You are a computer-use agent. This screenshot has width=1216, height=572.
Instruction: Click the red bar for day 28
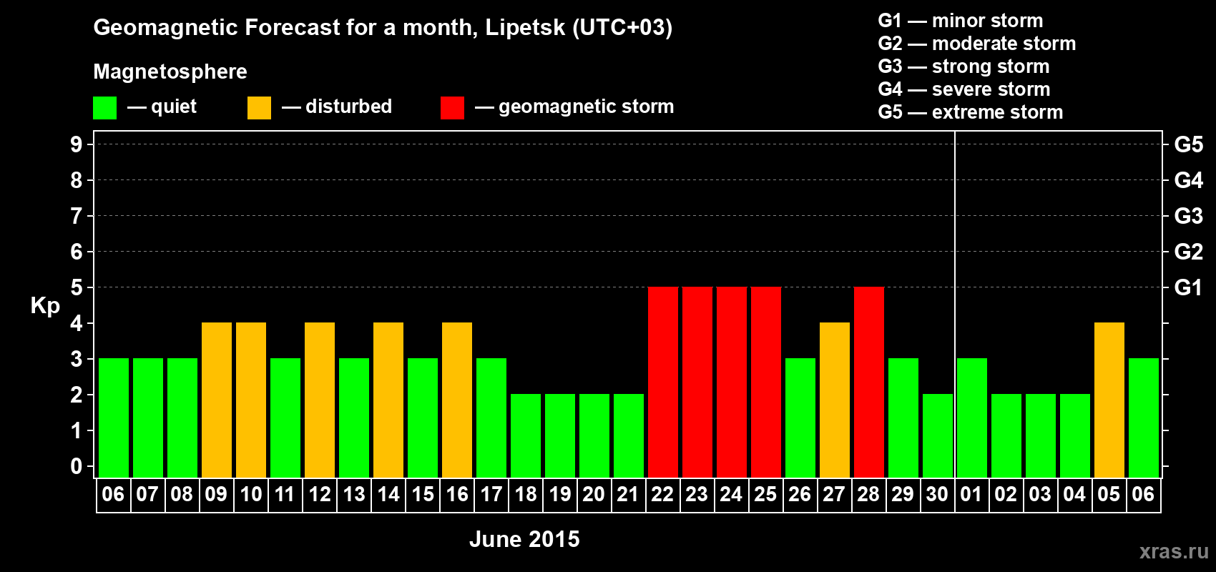tap(868, 382)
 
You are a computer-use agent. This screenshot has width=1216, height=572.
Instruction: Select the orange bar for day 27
tap(834, 400)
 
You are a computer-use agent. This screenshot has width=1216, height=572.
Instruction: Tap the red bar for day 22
tap(662, 382)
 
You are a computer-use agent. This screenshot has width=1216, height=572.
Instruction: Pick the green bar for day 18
tap(525, 435)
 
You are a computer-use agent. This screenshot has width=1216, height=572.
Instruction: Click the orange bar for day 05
tap(1109, 400)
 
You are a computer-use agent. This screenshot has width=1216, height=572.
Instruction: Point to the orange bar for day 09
tap(216, 400)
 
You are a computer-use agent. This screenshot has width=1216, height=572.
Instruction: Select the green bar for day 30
tap(937, 435)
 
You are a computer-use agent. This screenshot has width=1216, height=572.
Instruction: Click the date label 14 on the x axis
tap(388, 494)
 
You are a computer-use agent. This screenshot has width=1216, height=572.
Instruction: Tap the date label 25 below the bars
tap(765, 494)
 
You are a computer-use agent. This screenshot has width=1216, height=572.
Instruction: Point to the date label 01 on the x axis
tap(971, 494)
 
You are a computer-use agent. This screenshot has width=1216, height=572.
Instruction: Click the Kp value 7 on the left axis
tap(77, 216)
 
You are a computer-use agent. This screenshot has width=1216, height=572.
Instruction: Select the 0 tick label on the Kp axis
tap(77, 466)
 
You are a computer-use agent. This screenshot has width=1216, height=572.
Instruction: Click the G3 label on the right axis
tap(1188, 216)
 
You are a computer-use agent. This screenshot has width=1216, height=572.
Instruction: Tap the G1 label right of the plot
tap(1188, 287)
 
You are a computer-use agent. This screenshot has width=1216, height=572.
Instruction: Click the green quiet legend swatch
tap(104, 108)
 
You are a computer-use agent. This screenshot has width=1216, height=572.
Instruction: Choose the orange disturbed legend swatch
tap(259, 108)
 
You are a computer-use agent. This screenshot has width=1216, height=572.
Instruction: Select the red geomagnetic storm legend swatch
tap(452, 108)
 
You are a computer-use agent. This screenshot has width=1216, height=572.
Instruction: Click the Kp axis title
tap(45, 306)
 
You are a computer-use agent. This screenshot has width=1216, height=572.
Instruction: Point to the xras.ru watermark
tap(1174, 551)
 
